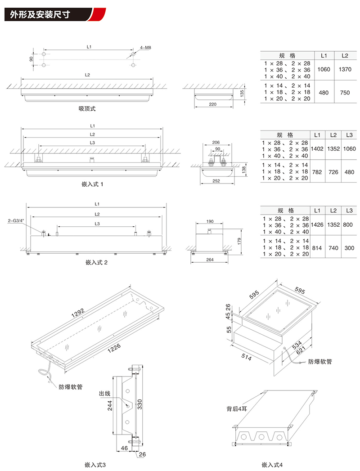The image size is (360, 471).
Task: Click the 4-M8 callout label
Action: click(145, 47)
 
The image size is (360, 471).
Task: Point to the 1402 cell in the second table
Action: click(317, 149)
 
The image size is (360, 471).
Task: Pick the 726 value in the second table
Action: click(333, 172)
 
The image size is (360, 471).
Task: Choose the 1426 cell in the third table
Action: click(317, 224)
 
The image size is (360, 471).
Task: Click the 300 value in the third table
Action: click(349, 248)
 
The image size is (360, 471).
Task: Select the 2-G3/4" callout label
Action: click(16, 221)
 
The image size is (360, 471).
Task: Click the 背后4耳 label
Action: click(236, 409)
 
